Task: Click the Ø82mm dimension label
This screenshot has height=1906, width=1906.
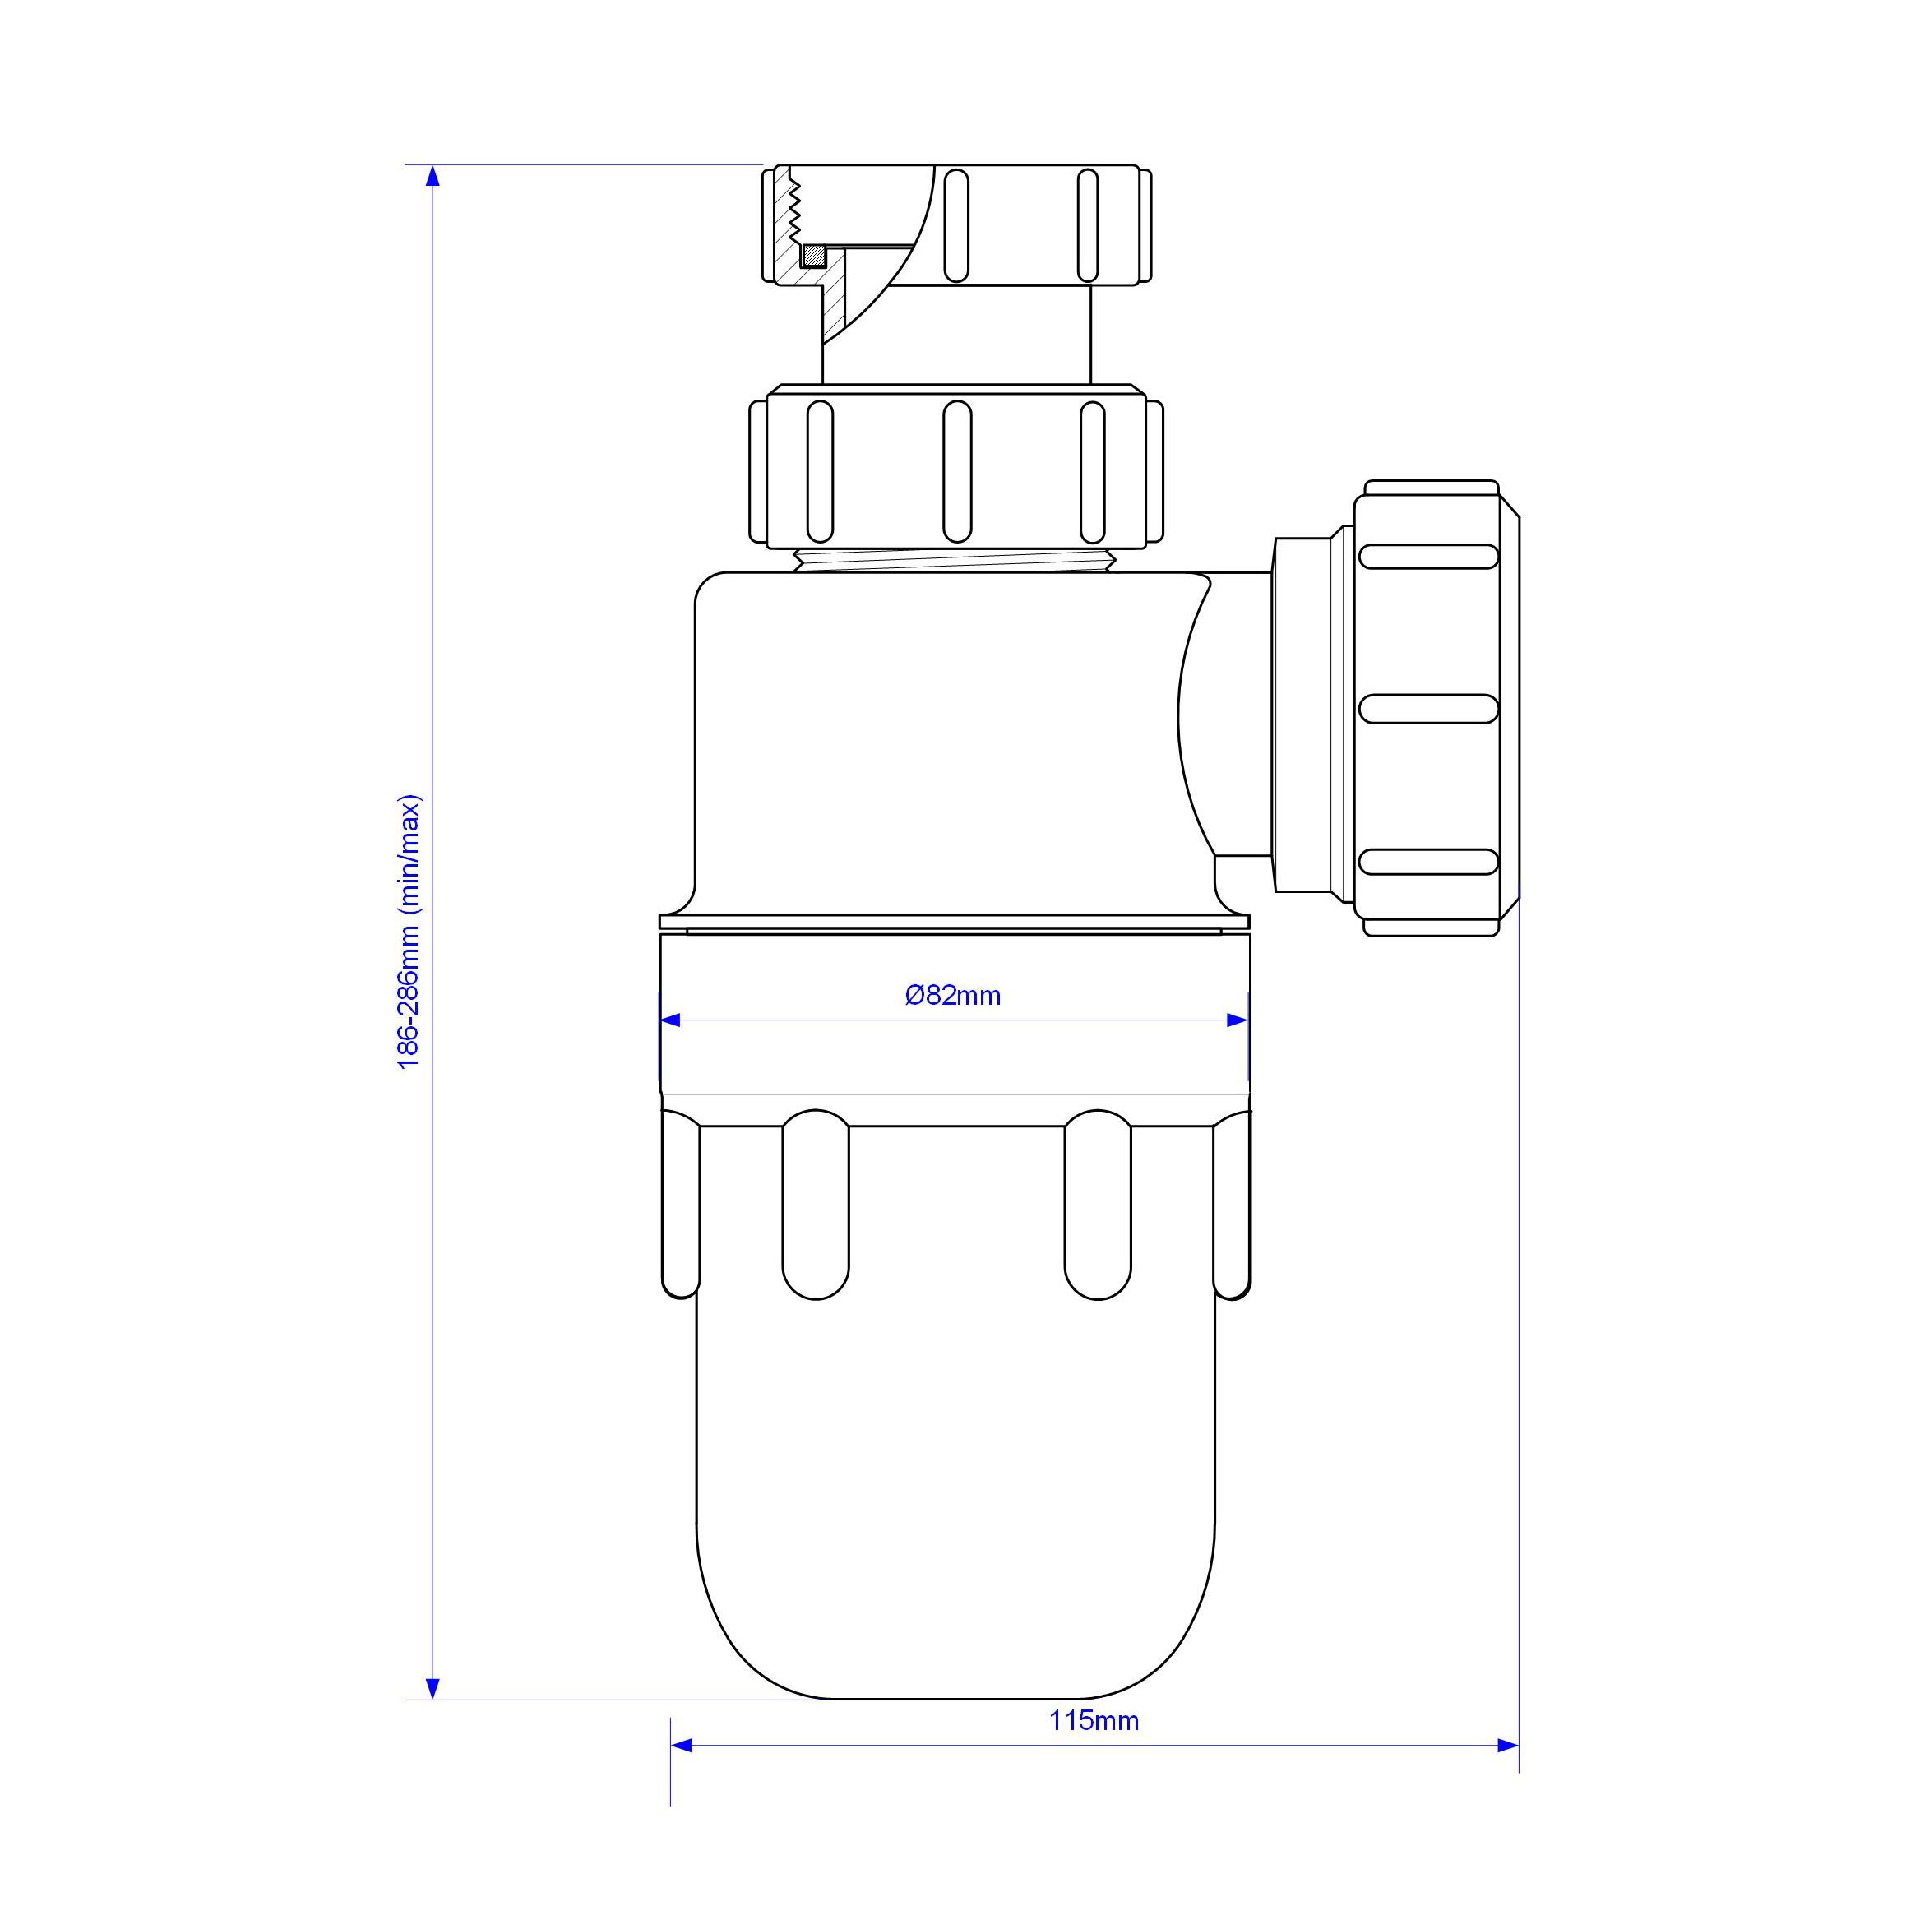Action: (953, 996)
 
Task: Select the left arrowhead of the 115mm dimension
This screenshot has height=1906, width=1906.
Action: (682, 1745)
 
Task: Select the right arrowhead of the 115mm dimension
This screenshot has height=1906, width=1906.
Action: (1507, 1745)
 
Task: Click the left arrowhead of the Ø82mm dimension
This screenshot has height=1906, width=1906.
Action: (671, 1020)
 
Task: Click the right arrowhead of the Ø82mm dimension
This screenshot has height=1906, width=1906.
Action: (1238, 1020)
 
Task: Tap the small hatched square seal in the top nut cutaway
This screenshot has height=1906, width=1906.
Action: (814, 256)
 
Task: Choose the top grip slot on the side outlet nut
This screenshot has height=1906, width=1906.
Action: (1428, 557)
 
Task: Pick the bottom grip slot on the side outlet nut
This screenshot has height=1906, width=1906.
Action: (1428, 863)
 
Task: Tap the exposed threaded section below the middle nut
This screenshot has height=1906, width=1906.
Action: (955, 560)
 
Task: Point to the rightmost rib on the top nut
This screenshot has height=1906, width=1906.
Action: (1087, 226)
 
